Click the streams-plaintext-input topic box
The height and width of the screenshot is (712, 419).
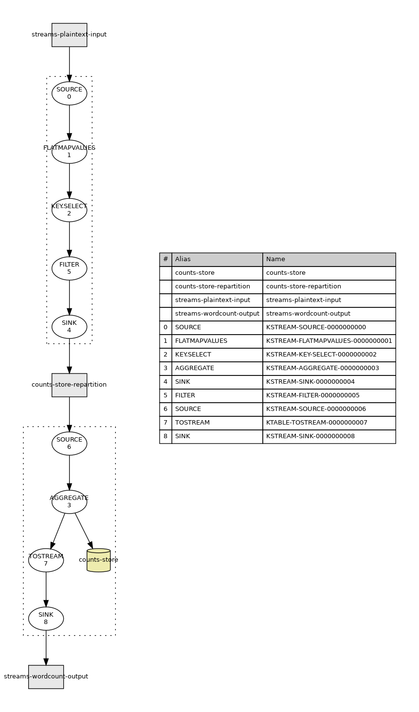click(69, 35)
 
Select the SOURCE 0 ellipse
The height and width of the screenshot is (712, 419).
click(69, 93)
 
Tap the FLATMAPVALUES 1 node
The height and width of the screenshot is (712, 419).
click(69, 152)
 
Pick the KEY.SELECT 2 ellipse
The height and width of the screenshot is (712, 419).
click(69, 210)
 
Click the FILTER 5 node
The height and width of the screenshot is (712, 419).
click(69, 268)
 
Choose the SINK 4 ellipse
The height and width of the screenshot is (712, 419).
click(69, 327)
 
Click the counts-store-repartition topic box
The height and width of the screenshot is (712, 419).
click(69, 385)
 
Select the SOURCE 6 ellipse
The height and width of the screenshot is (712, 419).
click(69, 444)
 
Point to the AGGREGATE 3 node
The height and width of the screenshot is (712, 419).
click(69, 502)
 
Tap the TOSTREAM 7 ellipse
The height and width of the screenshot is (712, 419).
click(46, 560)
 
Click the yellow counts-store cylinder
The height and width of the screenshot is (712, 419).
click(98, 561)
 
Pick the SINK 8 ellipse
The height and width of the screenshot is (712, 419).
click(46, 619)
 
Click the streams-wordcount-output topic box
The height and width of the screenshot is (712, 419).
click(46, 677)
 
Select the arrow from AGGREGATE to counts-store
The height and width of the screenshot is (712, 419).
click(83, 531)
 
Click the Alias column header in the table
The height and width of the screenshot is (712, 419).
click(217, 259)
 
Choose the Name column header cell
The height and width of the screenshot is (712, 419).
click(329, 259)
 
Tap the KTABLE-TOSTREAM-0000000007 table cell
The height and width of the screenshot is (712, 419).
click(329, 423)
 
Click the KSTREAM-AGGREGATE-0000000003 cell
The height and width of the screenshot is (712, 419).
click(329, 368)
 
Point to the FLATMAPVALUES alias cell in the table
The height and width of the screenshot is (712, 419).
click(217, 341)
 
